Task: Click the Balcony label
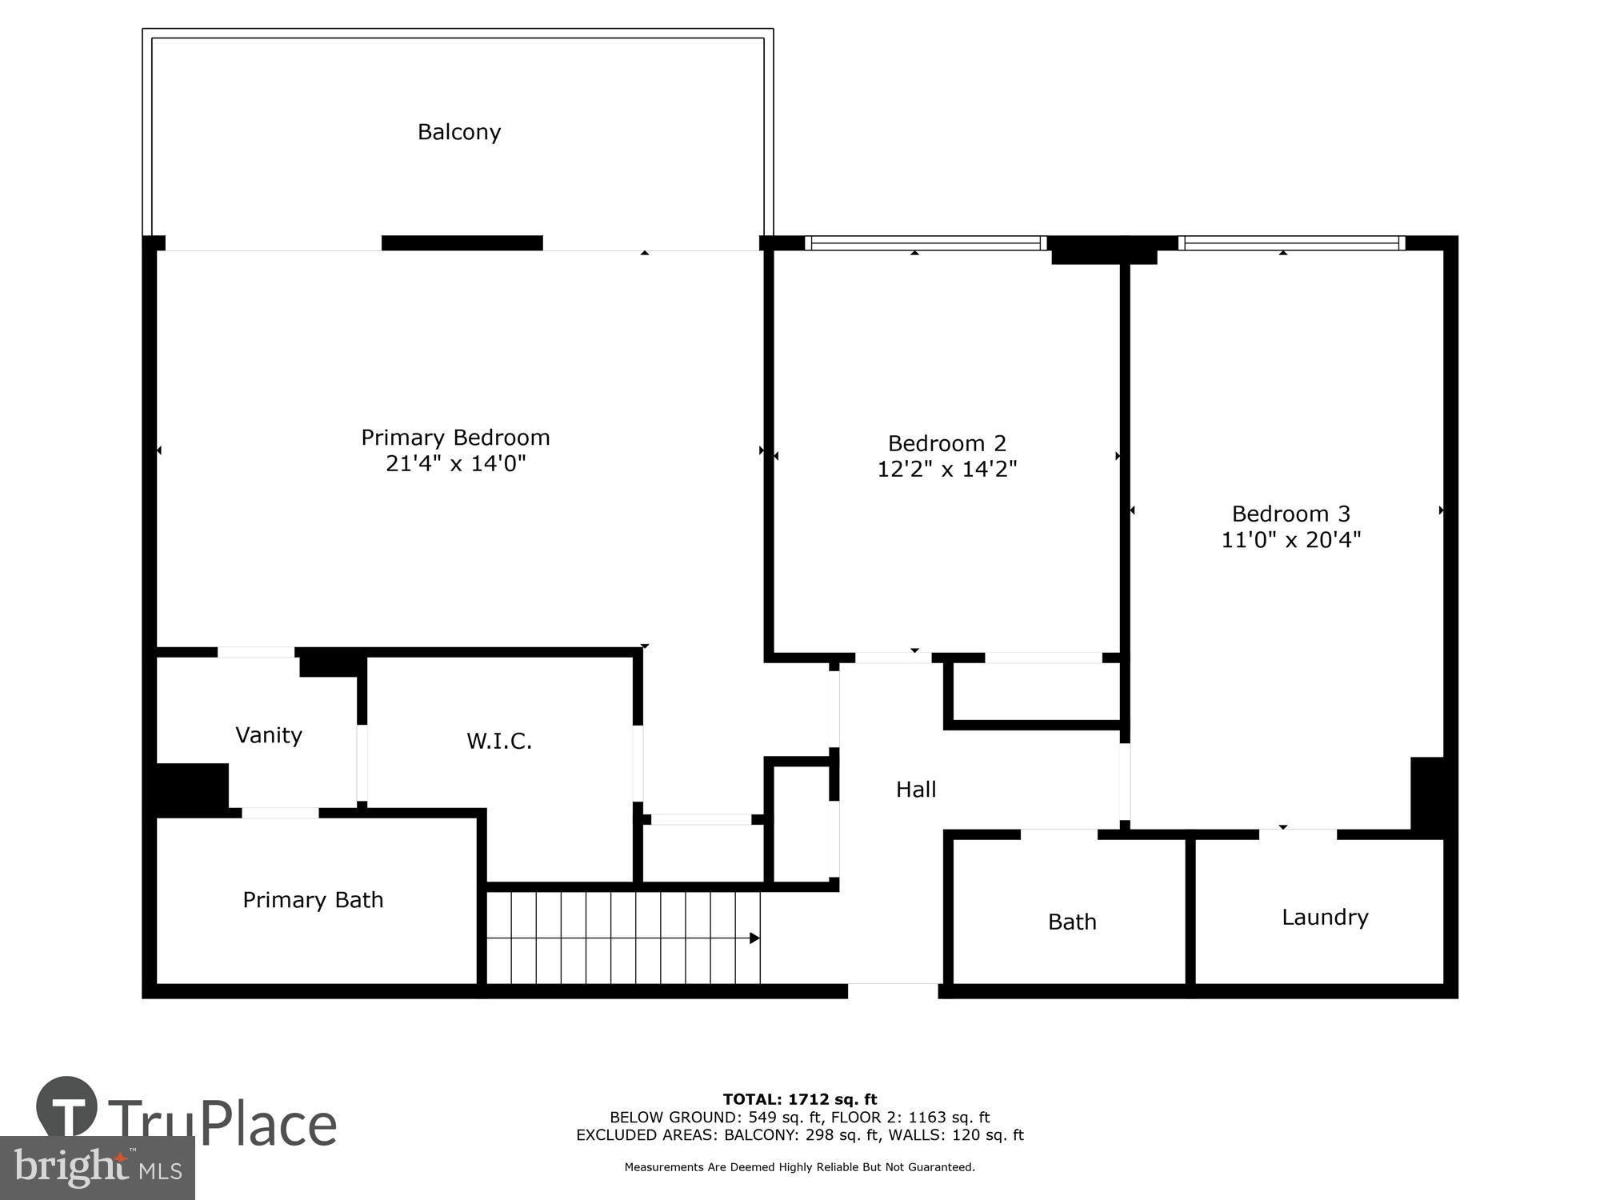tap(459, 132)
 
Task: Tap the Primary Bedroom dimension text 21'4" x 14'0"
tap(456, 464)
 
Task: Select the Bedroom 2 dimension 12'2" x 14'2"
tap(946, 469)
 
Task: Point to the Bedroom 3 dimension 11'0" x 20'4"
tap(1290, 540)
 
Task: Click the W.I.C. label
tap(499, 741)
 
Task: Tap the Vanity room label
tap(269, 735)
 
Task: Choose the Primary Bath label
tap(313, 900)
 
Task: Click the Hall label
tap(916, 790)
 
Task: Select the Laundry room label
tap(1325, 917)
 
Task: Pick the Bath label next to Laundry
tap(1072, 922)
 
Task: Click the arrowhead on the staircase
tap(754, 938)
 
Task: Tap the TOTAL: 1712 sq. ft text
tap(800, 1099)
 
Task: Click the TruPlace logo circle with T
tap(67, 1106)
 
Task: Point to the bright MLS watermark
tap(97, 1168)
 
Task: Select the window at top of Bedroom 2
tap(926, 242)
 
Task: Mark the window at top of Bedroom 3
tap(1291, 242)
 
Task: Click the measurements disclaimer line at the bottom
tap(800, 1167)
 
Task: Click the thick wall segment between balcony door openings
tap(462, 242)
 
